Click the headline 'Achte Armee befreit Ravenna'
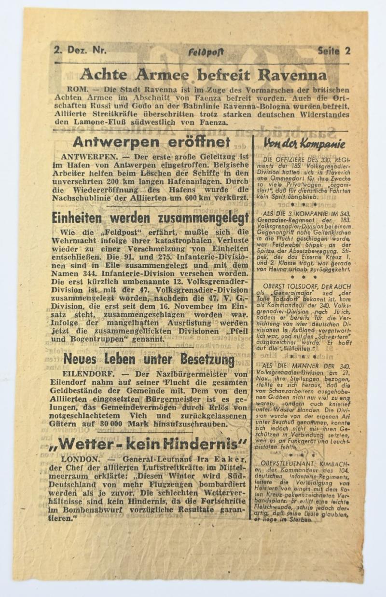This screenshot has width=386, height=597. point(203,75)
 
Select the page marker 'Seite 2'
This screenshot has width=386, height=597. point(334,51)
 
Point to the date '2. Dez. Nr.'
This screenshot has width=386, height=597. point(80,49)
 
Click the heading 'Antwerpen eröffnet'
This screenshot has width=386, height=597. point(151,142)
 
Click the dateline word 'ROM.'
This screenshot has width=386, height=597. point(77,90)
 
